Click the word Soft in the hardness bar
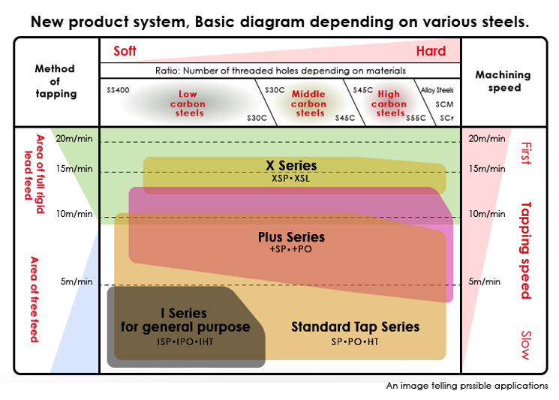(125, 51)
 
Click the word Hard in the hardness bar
(431, 51)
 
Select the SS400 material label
(119, 90)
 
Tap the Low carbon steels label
(188, 104)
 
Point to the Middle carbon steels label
(309, 104)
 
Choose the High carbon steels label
(389, 104)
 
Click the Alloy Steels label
(437, 90)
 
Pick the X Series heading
(291, 165)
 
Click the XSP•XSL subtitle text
(291, 179)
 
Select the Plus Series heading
(291, 237)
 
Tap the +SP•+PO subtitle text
(291, 249)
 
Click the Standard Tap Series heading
(355, 326)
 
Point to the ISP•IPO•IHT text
(186, 341)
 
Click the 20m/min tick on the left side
(74, 138)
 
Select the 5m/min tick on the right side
(484, 282)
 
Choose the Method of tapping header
(56, 81)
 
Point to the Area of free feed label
(34, 299)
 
